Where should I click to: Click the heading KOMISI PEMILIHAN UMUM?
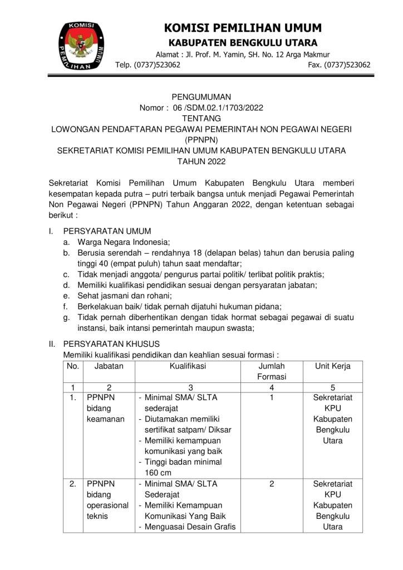[243, 28]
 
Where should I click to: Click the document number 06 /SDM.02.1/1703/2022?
[218, 108]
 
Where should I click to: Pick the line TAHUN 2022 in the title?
[202, 161]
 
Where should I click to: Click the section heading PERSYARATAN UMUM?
[107, 231]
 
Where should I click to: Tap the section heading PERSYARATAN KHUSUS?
[111, 344]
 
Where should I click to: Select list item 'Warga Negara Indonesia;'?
[124, 242]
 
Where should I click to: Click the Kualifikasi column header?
[188, 366]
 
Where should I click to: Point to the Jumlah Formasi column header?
[272, 372]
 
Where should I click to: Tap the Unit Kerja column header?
[332, 366]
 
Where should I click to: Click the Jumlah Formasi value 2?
[272, 484]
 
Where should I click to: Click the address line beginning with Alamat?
[242, 55]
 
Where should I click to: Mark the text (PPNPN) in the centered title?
[201, 140]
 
